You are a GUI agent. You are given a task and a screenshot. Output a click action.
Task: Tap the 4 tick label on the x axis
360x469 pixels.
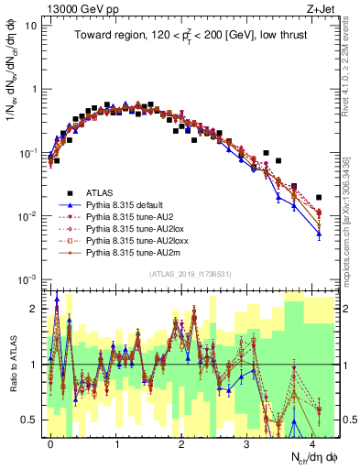pyautogui.click(x=312, y=444)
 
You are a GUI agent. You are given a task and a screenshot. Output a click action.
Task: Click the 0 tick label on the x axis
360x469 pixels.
pyautogui.click(x=51, y=444)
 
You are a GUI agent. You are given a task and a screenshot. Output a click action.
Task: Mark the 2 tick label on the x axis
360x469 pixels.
pyautogui.click(x=182, y=444)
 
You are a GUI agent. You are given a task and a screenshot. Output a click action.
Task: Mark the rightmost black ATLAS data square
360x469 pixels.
pyautogui.click(x=319, y=197)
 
